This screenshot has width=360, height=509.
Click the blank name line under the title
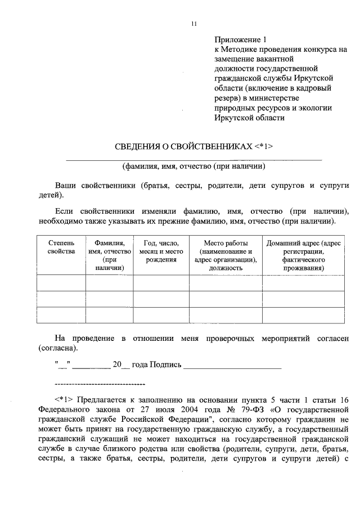point(194,159)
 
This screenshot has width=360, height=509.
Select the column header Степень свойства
point(61,247)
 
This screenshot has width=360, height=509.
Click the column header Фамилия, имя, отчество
point(110,255)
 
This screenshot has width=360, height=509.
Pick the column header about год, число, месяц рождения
point(161,251)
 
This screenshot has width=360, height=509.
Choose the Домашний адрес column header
point(303,255)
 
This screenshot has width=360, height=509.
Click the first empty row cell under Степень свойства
point(61,283)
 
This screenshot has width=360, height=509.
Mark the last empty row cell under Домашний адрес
point(303,316)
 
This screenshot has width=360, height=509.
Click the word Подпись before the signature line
point(166,364)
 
